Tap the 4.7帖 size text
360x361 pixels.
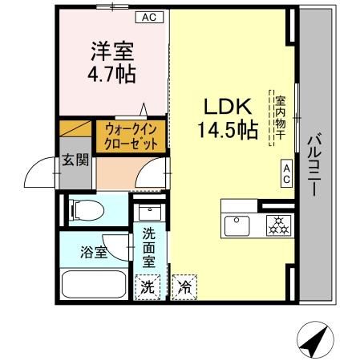111,74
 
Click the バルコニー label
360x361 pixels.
314,166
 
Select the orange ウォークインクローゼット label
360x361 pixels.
131,136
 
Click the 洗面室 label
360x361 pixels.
151,248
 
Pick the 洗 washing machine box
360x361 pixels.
149,285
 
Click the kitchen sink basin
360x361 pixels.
239,225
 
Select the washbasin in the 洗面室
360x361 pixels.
149,214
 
